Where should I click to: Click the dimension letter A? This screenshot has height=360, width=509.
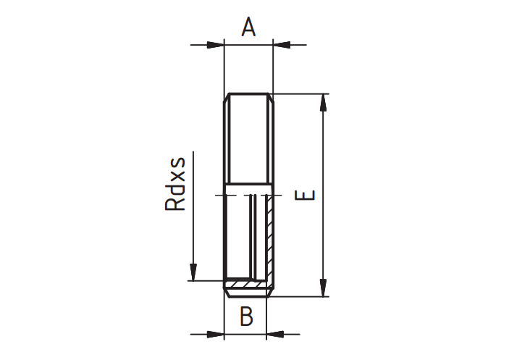[248, 27]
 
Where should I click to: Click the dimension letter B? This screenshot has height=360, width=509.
[246, 316]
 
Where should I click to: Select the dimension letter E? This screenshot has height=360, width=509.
[305, 195]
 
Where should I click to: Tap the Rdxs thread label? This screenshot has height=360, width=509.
[175, 184]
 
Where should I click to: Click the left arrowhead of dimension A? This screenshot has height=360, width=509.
[215, 45]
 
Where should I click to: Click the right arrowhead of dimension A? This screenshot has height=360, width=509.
[282, 45]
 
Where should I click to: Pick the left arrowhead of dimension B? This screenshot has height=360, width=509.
[215, 334]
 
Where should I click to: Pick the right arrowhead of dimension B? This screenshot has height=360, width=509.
[275, 334]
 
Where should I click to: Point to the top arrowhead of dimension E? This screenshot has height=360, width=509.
[323, 103]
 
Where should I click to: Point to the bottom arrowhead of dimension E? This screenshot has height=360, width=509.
[323, 288]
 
